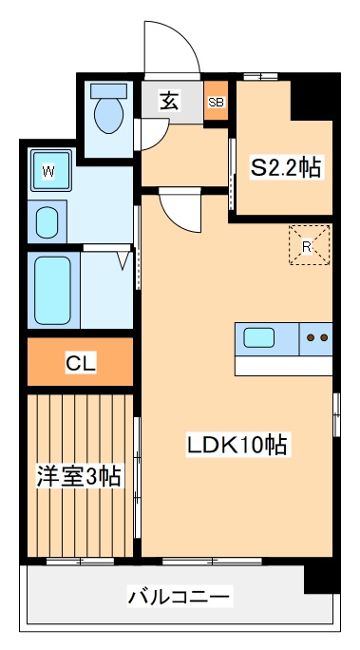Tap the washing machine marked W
[47, 172]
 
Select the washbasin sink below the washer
[46, 222]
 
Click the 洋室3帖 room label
[79, 475]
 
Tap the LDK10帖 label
[237, 443]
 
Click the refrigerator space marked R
[309, 245]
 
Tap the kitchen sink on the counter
[259, 337]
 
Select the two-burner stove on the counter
[316, 337]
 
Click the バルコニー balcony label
[180, 598]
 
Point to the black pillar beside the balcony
[321, 576]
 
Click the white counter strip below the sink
[283, 365]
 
